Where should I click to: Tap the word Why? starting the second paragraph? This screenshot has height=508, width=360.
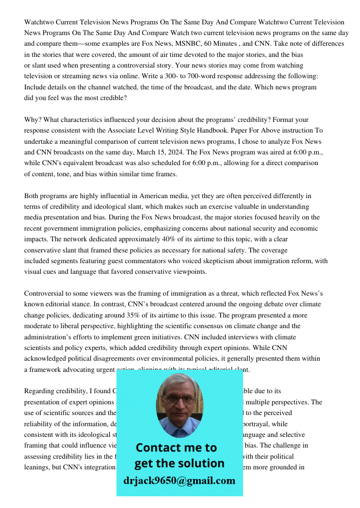[33, 120]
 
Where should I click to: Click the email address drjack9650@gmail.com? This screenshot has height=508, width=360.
[179, 481]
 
